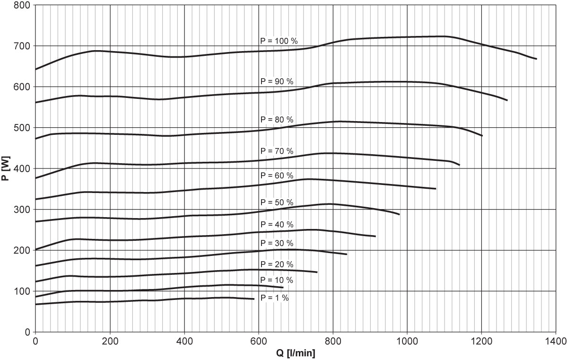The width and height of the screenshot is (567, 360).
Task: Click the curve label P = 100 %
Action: [279, 41]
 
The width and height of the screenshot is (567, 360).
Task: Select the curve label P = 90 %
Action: [277, 81]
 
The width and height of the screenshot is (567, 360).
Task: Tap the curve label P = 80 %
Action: [277, 119]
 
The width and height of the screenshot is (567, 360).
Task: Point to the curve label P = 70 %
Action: [277, 151]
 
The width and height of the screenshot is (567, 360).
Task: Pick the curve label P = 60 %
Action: [277, 176]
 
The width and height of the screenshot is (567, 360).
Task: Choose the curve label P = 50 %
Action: [277, 202]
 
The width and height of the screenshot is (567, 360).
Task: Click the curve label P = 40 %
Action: [277, 224]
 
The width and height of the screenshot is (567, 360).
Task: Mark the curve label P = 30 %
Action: [277, 244]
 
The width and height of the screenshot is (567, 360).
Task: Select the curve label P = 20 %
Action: [277, 263]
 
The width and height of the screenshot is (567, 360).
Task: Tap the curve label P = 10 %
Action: [277, 280]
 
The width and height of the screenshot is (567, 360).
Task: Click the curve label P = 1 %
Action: [275, 298]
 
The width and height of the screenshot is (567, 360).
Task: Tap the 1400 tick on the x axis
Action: [555, 341]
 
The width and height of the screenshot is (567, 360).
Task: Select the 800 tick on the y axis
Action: [23, 5]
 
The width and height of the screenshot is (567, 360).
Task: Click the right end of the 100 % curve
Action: [536, 59]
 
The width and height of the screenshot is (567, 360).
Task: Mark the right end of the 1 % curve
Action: [254, 299]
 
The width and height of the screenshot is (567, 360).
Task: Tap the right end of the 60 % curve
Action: [436, 188]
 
